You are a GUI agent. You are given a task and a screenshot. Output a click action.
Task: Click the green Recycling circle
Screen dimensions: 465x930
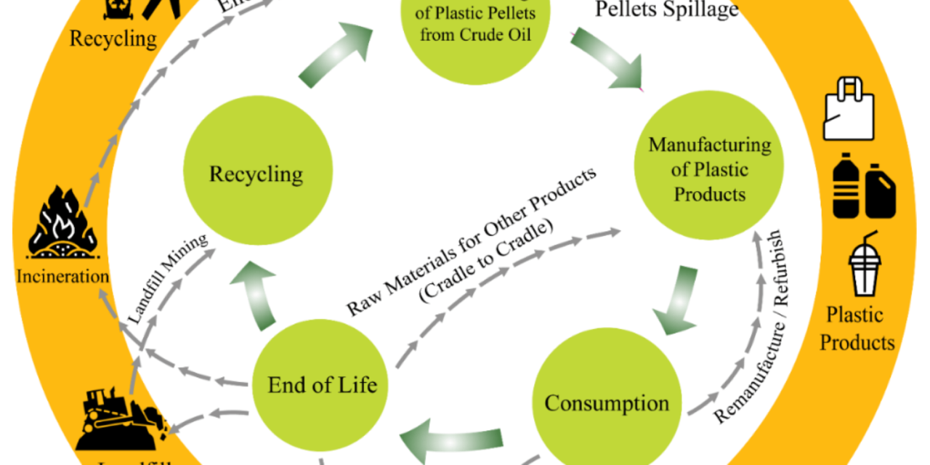[x=256, y=174]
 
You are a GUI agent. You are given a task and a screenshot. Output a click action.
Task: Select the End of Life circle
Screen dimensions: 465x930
[x=323, y=384]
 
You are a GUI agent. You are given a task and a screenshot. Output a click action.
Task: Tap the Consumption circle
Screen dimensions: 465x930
[x=607, y=403]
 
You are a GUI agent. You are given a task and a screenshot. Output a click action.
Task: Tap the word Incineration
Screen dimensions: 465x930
[x=62, y=276]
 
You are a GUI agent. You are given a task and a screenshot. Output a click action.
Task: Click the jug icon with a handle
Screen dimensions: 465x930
[x=881, y=190]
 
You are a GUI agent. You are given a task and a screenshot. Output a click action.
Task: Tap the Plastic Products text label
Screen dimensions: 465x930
[x=857, y=328]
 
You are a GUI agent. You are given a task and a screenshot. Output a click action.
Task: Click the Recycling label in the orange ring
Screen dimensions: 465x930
[x=113, y=38]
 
